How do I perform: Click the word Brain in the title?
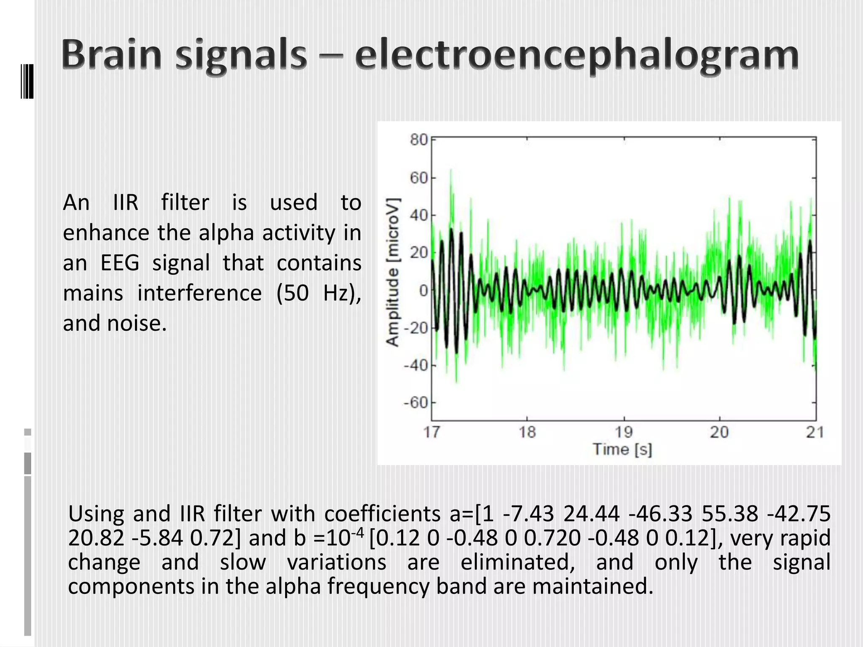click(x=112, y=55)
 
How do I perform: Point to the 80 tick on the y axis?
click(x=419, y=139)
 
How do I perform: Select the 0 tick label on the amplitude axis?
click(x=423, y=290)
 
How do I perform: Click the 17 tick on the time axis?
click(x=431, y=432)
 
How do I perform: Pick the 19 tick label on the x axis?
click(x=623, y=432)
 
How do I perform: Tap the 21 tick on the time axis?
click(x=815, y=432)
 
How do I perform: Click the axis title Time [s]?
click(x=622, y=449)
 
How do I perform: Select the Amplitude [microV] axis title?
click(x=393, y=272)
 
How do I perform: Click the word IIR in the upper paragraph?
click(x=126, y=203)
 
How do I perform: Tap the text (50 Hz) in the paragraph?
click(x=318, y=293)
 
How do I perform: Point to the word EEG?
click(x=120, y=263)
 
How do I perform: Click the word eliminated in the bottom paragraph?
click(x=518, y=562)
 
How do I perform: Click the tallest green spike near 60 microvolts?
click(x=451, y=171)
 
